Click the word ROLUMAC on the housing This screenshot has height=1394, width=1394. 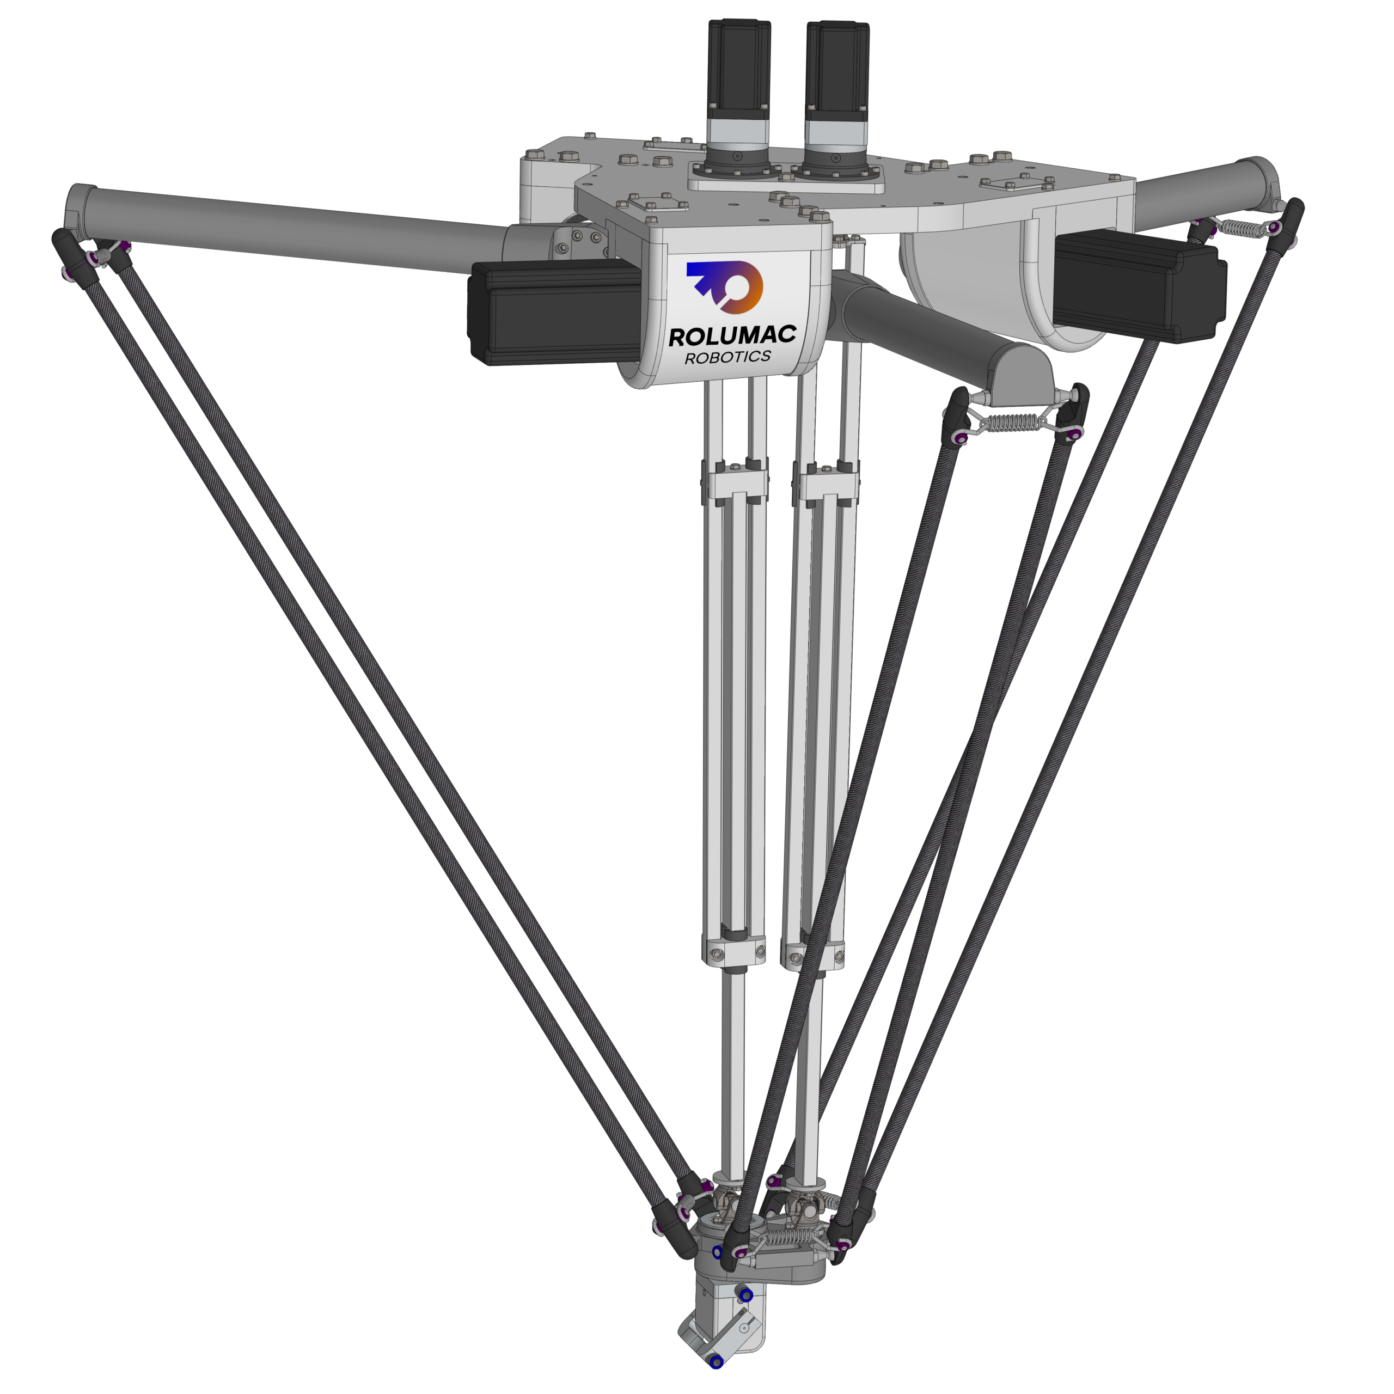click(732, 335)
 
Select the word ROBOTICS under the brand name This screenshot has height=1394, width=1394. click(728, 357)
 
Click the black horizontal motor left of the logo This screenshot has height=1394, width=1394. click(555, 313)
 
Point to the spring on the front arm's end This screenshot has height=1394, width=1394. click(1015, 422)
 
